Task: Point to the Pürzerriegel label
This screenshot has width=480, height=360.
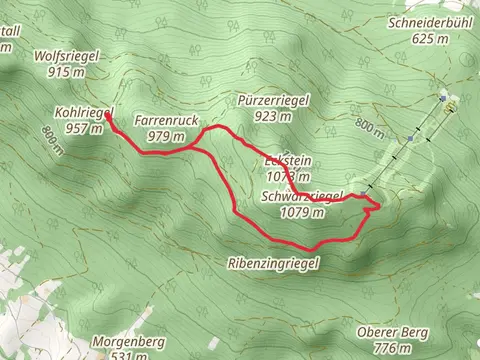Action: pos(272,101)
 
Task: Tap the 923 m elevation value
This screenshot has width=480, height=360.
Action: pos(272,117)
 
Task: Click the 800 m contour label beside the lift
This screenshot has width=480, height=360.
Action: pos(369,129)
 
